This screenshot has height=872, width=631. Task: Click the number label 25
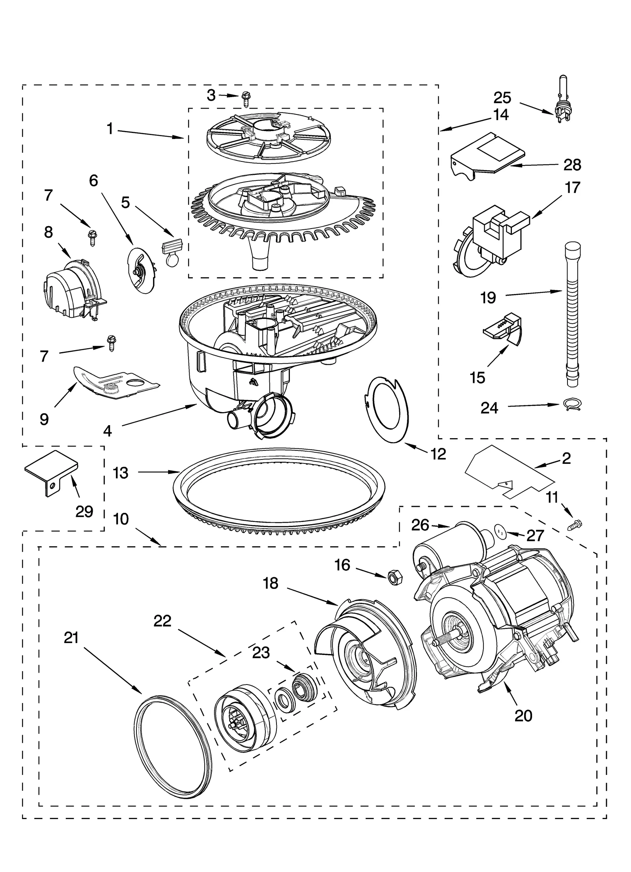(502, 98)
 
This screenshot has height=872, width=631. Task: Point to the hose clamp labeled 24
(570, 404)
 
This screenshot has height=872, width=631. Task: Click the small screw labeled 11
(576, 525)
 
